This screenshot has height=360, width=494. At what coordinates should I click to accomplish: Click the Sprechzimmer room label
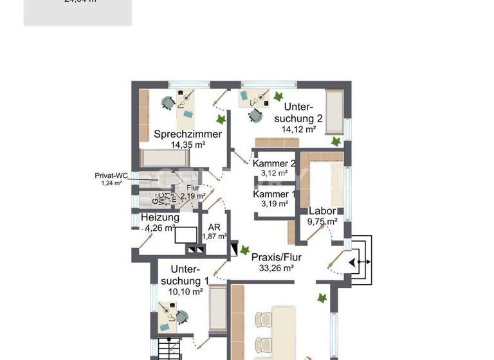(x=188, y=134)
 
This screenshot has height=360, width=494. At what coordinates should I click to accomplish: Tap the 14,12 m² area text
(x=298, y=129)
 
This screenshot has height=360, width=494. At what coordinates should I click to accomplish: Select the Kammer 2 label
(x=273, y=163)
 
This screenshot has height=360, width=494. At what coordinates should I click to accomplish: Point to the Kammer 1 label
(x=273, y=194)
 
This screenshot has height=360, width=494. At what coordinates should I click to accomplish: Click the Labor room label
(x=322, y=211)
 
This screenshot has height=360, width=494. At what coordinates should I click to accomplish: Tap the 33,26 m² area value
(x=277, y=269)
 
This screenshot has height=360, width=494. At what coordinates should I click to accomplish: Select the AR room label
(x=214, y=227)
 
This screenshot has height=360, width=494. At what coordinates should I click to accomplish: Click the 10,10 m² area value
(x=185, y=291)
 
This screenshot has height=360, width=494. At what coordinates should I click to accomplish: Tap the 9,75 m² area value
(x=323, y=222)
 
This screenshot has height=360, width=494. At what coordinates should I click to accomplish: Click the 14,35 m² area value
(x=188, y=145)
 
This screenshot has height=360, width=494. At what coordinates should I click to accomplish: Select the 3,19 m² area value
(x=273, y=204)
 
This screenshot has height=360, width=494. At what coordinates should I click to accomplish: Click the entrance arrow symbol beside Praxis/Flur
(x=356, y=262)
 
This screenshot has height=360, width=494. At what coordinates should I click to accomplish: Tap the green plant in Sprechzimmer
(x=221, y=120)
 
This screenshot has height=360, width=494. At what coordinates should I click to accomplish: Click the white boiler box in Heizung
(x=187, y=235)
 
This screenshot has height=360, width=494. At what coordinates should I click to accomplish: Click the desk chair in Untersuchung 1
(x=182, y=316)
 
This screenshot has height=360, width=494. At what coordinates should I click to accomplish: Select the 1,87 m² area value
(x=215, y=237)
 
